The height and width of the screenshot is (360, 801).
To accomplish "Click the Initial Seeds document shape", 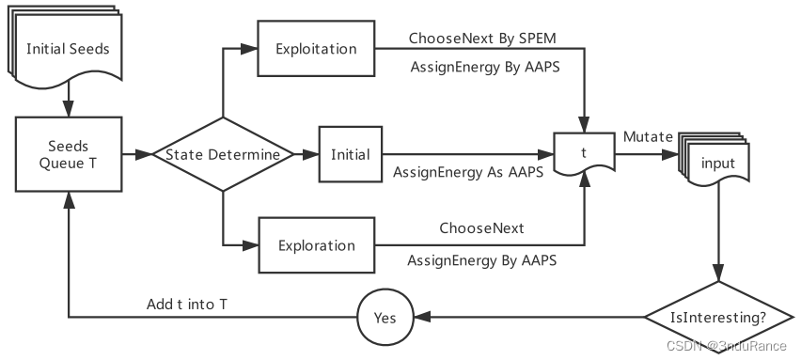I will (71, 49).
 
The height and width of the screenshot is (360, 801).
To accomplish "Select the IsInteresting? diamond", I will (719, 317).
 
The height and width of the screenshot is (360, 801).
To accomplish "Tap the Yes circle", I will (385, 317).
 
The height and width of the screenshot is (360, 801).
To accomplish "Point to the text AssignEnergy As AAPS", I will (467, 172).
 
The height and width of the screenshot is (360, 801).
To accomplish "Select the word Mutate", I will (648, 137).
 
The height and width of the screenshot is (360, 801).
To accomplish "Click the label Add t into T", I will (186, 305).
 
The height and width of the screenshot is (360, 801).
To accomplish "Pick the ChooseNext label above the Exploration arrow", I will (481, 228).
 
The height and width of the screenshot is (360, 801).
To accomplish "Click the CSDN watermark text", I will (726, 346).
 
